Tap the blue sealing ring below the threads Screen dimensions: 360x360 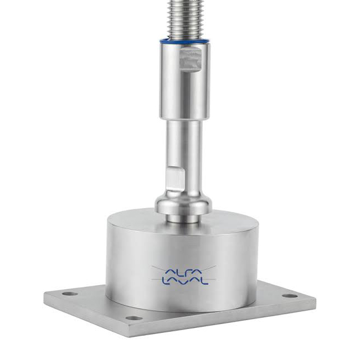coord(184,42)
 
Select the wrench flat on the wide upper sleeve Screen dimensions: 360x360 coord(191,59)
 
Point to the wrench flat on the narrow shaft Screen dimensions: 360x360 coord(175,178)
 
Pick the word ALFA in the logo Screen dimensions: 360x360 coord(184,272)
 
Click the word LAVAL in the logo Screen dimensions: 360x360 coord(185,281)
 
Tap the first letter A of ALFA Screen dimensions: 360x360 coord(169,272)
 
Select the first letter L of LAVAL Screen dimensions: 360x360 coord(165,281)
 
